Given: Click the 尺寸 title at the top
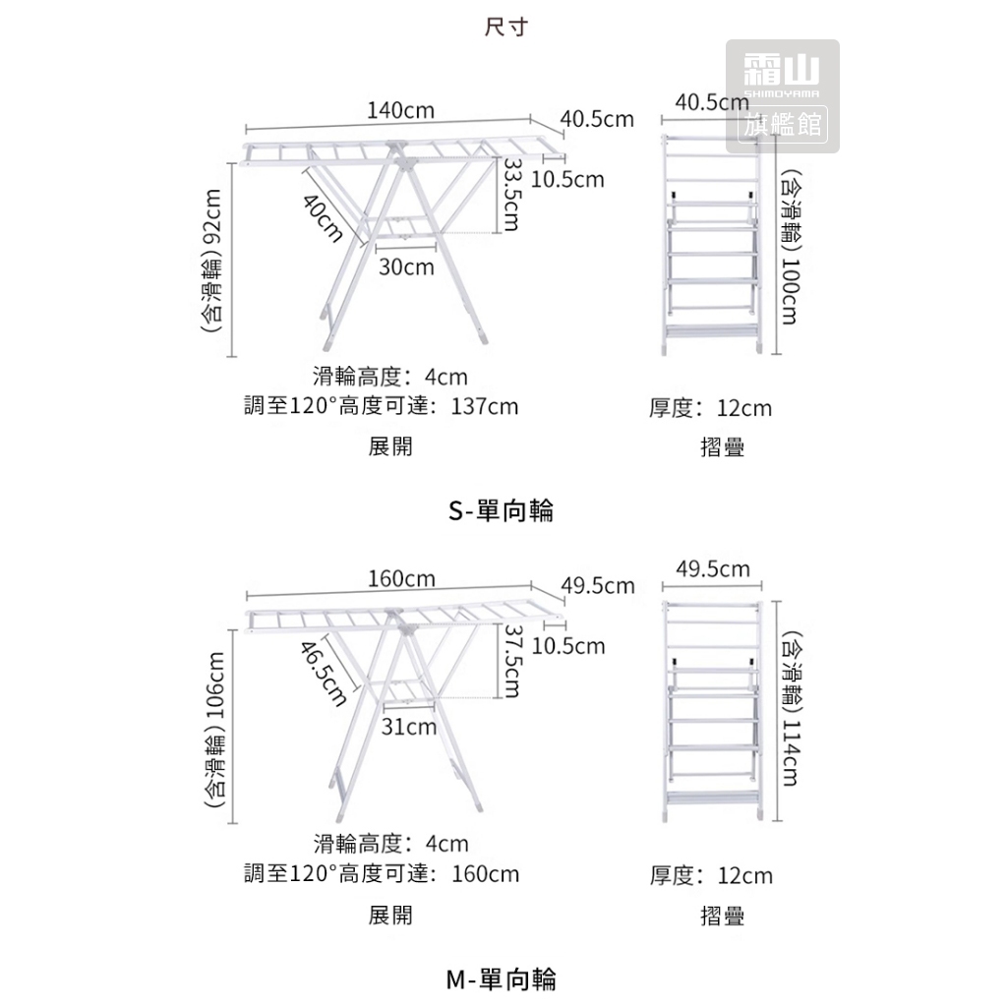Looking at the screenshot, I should pyautogui.click(x=507, y=27).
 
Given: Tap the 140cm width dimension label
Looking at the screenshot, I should pyautogui.click(x=401, y=110).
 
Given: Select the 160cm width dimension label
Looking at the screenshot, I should pyautogui.click(x=401, y=578).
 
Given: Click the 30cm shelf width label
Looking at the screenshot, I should pyautogui.click(x=407, y=267).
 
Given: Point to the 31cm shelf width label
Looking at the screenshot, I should pyautogui.click(x=408, y=727).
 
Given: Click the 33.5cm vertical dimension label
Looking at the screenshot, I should pyautogui.click(x=508, y=195).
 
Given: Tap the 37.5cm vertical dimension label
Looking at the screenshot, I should pyautogui.click(x=509, y=661).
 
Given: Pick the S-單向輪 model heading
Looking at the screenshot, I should pyautogui.click(x=502, y=510).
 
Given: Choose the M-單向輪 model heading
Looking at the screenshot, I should pyautogui.click(x=502, y=978).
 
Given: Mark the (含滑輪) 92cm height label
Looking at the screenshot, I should pyautogui.click(x=214, y=261).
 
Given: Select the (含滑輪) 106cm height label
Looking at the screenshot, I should pyautogui.click(x=214, y=730).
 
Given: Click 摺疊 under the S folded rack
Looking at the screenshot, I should pyautogui.click(x=722, y=447).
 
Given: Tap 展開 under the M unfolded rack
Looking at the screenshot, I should pyautogui.click(x=390, y=916).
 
